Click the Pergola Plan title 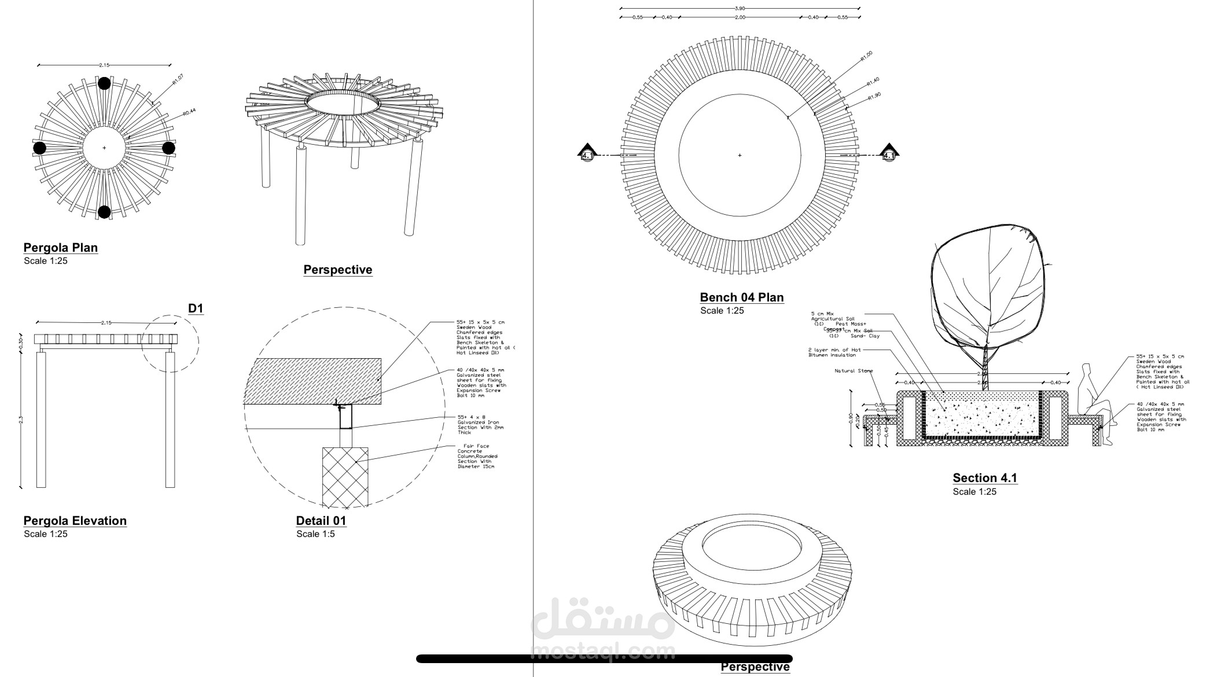61,248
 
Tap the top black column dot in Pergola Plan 104,83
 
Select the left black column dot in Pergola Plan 39,148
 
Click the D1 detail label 196,308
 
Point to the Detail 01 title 321,521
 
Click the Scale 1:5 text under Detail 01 315,534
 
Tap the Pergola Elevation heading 75,521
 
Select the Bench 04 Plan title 742,297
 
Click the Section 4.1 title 985,478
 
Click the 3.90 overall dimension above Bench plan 740,9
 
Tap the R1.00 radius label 866,56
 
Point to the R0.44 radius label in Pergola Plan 189,112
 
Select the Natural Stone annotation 854,371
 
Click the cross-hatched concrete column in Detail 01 345,476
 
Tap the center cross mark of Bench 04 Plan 740,155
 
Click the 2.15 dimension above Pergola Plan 104,65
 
